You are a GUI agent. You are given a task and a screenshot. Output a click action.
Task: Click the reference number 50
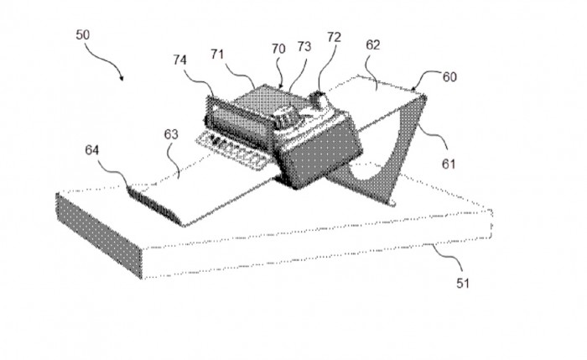click(x=83, y=35)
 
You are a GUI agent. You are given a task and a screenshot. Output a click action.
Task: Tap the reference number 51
click(x=463, y=283)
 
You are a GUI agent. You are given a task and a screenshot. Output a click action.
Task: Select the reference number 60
click(x=449, y=77)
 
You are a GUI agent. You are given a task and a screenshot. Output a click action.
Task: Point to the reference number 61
click(x=449, y=164)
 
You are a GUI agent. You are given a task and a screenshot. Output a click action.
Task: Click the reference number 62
click(x=373, y=45)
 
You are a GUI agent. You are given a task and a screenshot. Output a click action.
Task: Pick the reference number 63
click(x=171, y=134)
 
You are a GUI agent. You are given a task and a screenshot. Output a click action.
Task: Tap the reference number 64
click(x=92, y=150)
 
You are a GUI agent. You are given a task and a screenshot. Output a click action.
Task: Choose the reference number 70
click(x=278, y=49)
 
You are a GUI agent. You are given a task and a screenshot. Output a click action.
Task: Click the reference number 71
click(x=217, y=55)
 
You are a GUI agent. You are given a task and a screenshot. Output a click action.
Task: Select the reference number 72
click(x=334, y=37)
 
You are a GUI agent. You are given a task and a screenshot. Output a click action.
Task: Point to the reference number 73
click(x=304, y=46)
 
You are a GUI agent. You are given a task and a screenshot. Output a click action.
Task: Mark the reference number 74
click(x=179, y=60)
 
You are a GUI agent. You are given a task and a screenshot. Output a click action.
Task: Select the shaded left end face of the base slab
click(x=99, y=236)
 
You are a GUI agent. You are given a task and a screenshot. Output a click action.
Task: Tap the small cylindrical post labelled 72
click(x=318, y=99)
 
